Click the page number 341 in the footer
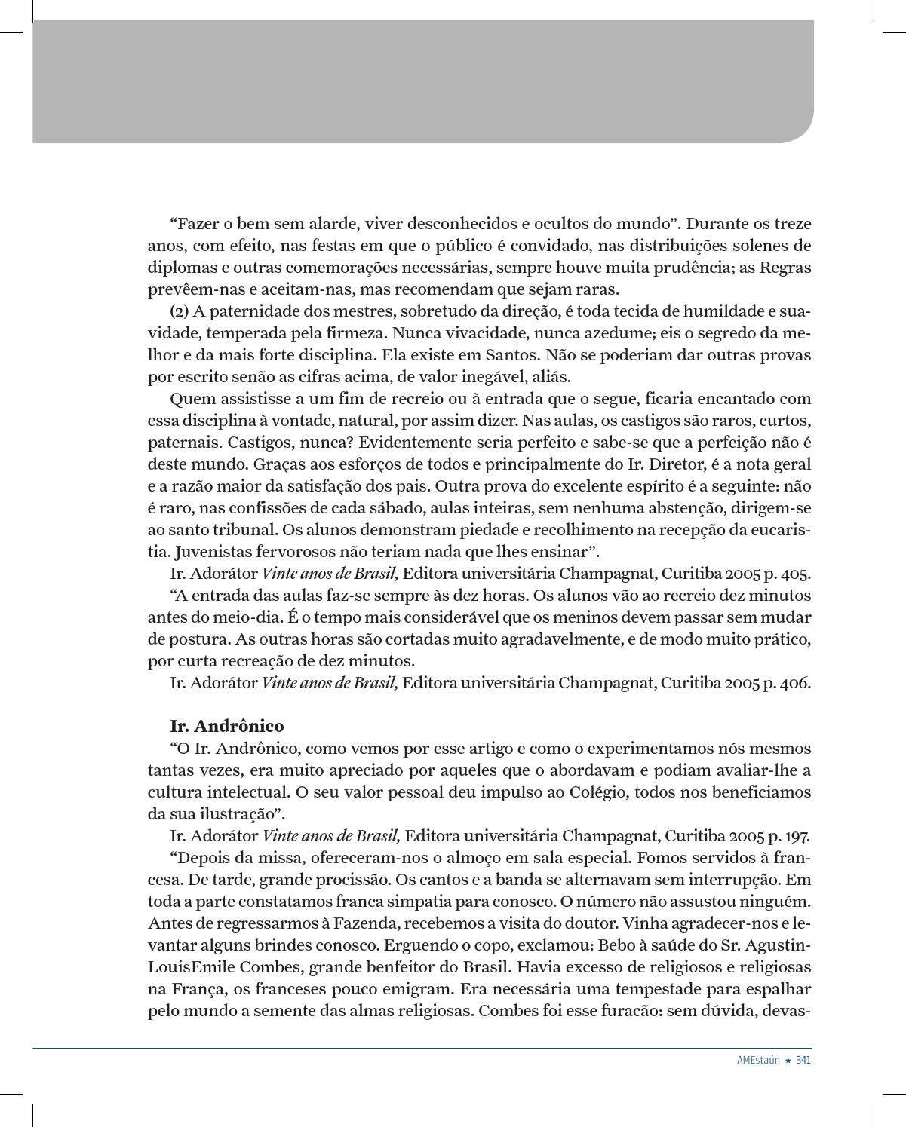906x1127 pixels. point(803,1059)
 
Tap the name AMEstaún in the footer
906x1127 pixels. point(758,1059)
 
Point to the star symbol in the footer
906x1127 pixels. point(788,1059)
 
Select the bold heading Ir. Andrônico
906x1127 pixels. point(227,726)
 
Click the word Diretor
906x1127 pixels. point(670,464)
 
